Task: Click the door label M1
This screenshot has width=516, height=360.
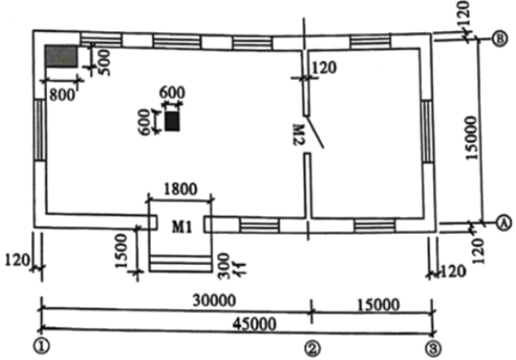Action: click(181, 227)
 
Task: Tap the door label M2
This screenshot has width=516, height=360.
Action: click(299, 135)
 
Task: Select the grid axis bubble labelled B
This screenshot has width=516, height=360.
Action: click(499, 39)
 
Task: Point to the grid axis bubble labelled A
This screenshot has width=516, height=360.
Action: click(504, 223)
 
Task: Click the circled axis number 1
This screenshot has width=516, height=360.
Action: click(42, 346)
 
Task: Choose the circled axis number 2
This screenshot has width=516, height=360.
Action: click(312, 349)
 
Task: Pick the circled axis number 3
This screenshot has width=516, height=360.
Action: click(433, 349)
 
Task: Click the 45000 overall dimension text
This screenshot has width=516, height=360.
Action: click(254, 325)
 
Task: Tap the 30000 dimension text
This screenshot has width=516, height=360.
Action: click(214, 300)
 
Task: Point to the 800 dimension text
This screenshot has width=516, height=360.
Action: click(62, 95)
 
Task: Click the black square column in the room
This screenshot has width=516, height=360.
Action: click(172, 121)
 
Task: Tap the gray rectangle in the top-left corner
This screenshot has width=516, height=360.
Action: click(62, 57)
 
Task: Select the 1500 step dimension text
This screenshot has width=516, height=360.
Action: click(121, 251)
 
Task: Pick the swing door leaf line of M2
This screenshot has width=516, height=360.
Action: click(316, 132)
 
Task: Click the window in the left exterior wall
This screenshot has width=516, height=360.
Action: click(40, 130)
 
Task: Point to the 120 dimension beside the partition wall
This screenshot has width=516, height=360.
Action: click(324, 67)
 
